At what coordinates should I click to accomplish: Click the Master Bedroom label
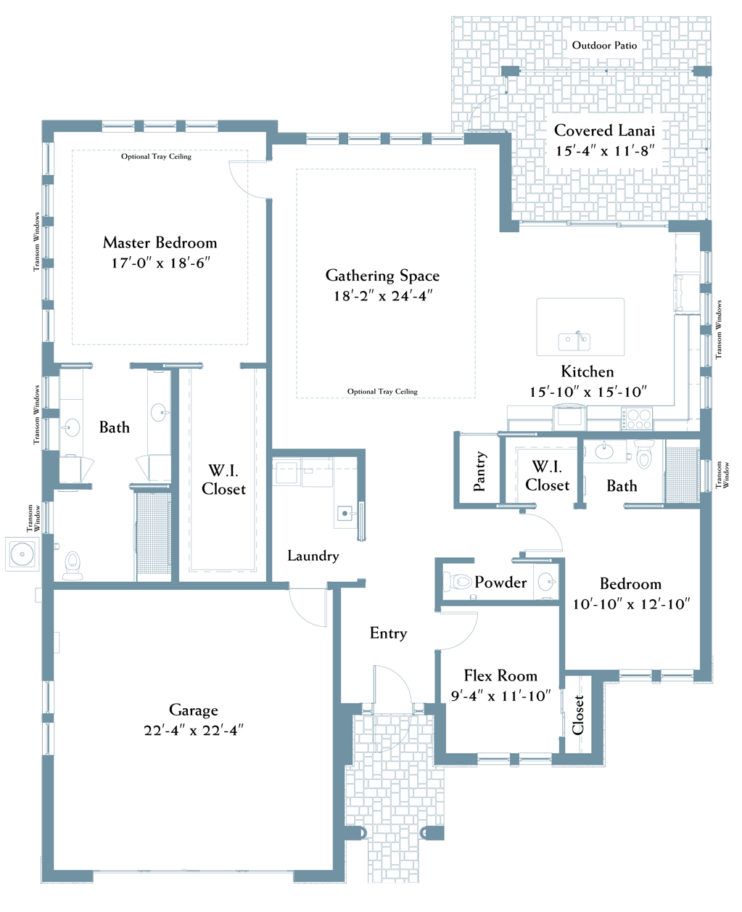pyautogui.click(x=160, y=243)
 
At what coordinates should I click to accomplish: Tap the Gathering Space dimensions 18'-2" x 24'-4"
pyautogui.click(x=383, y=296)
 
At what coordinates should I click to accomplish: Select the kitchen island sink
pyautogui.click(x=574, y=341)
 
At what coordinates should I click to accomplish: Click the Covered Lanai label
pyautogui.click(x=604, y=130)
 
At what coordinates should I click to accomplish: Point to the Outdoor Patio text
pyautogui.click(x=604, y=46)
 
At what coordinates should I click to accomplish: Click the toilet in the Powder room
pyautogui.click(x=458, y=581)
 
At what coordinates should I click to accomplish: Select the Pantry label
pyautogui.click(x=479, y=471)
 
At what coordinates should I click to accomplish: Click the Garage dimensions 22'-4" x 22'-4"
pyautogui.click(x=194, y=730)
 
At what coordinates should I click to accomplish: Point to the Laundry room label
pyautogui.click(x=313, y=556)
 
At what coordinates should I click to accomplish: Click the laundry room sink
pyautogui.click(x=346, y=513)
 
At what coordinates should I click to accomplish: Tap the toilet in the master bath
pyautogui.click(x=73, y=564)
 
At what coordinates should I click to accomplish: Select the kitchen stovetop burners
pyautogui.click(x=637, y=419)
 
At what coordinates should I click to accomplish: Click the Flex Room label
pyautogui.click(x=500, y=675)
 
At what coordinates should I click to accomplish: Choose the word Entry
pyautogui.click(x=389, y=633)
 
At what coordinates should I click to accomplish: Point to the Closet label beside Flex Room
pyautogui.click(x=577, y=715)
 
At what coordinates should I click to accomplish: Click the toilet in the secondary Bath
pyautogui.click(x=644, y=454)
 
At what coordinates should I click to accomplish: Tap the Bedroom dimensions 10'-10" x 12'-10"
pyautogui.click(x=631, y=604)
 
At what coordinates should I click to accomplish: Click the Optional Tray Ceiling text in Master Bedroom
pyautogui.click(x=156, y=157)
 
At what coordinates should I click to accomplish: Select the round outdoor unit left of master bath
pyautogui.click(x=22, y=554)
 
